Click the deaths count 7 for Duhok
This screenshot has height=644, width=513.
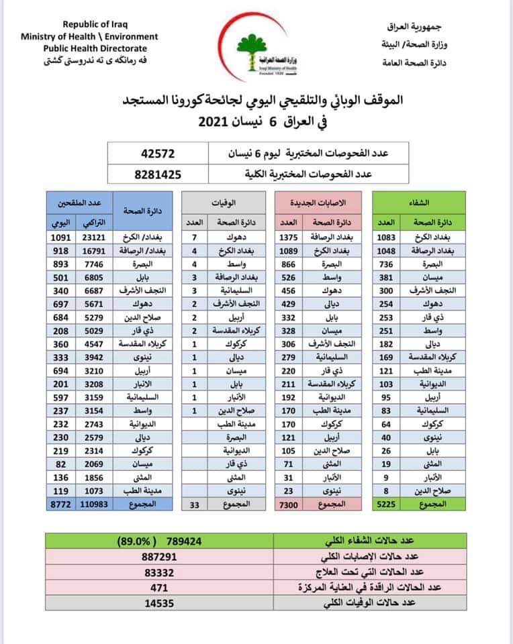click(x=195, y=238)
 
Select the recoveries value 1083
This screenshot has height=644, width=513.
click(x=387, y=238)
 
